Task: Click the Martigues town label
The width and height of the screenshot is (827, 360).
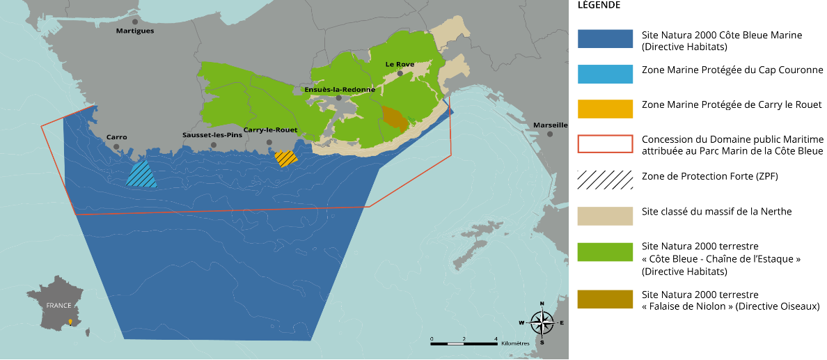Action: (135, 31)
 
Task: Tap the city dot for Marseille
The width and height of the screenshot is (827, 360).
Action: (550, 134)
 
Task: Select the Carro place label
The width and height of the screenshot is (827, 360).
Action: (116, 137)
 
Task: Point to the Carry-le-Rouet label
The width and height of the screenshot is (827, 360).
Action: (270, 130)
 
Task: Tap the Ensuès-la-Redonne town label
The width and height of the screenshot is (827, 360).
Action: (340, 89)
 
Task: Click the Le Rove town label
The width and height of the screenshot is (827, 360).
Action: (400, 64)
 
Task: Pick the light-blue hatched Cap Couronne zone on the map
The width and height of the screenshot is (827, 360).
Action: (141, 174)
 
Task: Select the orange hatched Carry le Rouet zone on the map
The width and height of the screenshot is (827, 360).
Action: (285, 159)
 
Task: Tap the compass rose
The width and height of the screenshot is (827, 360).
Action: (542, 322)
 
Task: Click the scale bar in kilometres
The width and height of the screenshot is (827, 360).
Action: (464, 343)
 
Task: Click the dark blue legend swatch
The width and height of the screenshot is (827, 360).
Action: (605, 39)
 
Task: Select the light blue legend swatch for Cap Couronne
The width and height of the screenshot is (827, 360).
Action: (605, 74)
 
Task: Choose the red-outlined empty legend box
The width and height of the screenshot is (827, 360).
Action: (605, 143)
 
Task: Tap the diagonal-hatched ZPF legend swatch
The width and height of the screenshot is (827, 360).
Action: (605, 179)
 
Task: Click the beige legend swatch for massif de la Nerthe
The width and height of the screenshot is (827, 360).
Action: (605, 216)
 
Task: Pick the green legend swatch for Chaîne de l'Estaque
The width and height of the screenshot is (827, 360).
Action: (605, 252)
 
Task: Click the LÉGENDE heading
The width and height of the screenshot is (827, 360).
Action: (599, 5)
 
